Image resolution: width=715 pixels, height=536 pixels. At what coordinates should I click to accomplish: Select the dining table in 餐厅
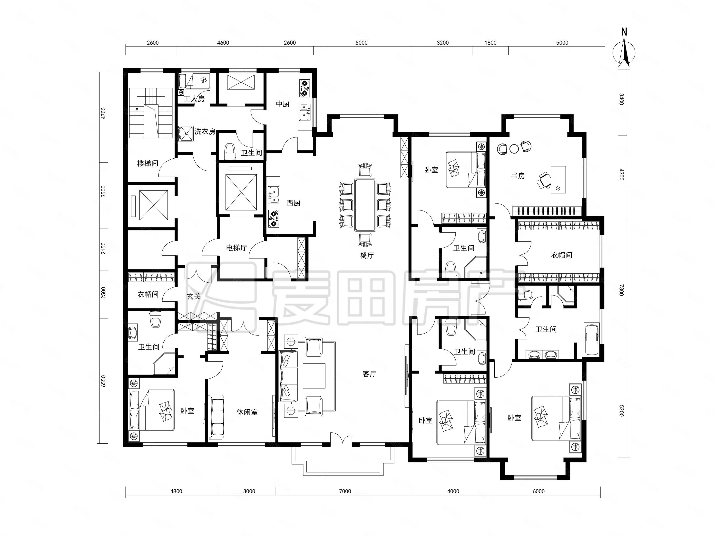click(x=365, y=205)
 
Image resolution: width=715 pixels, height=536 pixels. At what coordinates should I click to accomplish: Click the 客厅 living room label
click(x=370, y=374)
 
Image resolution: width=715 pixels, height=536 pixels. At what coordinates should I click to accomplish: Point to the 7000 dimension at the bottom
click(x=345, y=491)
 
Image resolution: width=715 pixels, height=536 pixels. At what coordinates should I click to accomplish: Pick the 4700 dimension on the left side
click(x=103, y=113)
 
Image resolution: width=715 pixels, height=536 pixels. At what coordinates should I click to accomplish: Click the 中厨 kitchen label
click(x=283, y=104)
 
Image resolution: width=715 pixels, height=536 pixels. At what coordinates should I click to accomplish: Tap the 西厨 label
click(x=294, y=203)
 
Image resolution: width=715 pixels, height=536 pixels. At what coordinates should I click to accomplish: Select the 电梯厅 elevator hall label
click(x=237, y=248)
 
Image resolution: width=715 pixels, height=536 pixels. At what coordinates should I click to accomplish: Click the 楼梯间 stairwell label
click(x=148, y=163)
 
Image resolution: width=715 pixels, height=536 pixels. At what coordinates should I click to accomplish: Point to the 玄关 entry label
click(x=194, y=296)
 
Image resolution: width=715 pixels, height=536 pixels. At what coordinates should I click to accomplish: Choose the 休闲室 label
click(x=247, y=412)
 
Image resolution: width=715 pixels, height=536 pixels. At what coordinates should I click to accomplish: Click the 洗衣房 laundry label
click(x=205, y=132)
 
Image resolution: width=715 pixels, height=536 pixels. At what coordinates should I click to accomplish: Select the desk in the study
click(x=558, y=180)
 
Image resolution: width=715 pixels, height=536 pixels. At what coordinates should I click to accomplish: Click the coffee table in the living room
click(x=314, y=376)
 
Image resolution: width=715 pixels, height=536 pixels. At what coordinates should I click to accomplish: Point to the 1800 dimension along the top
click(x=490, y=43)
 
